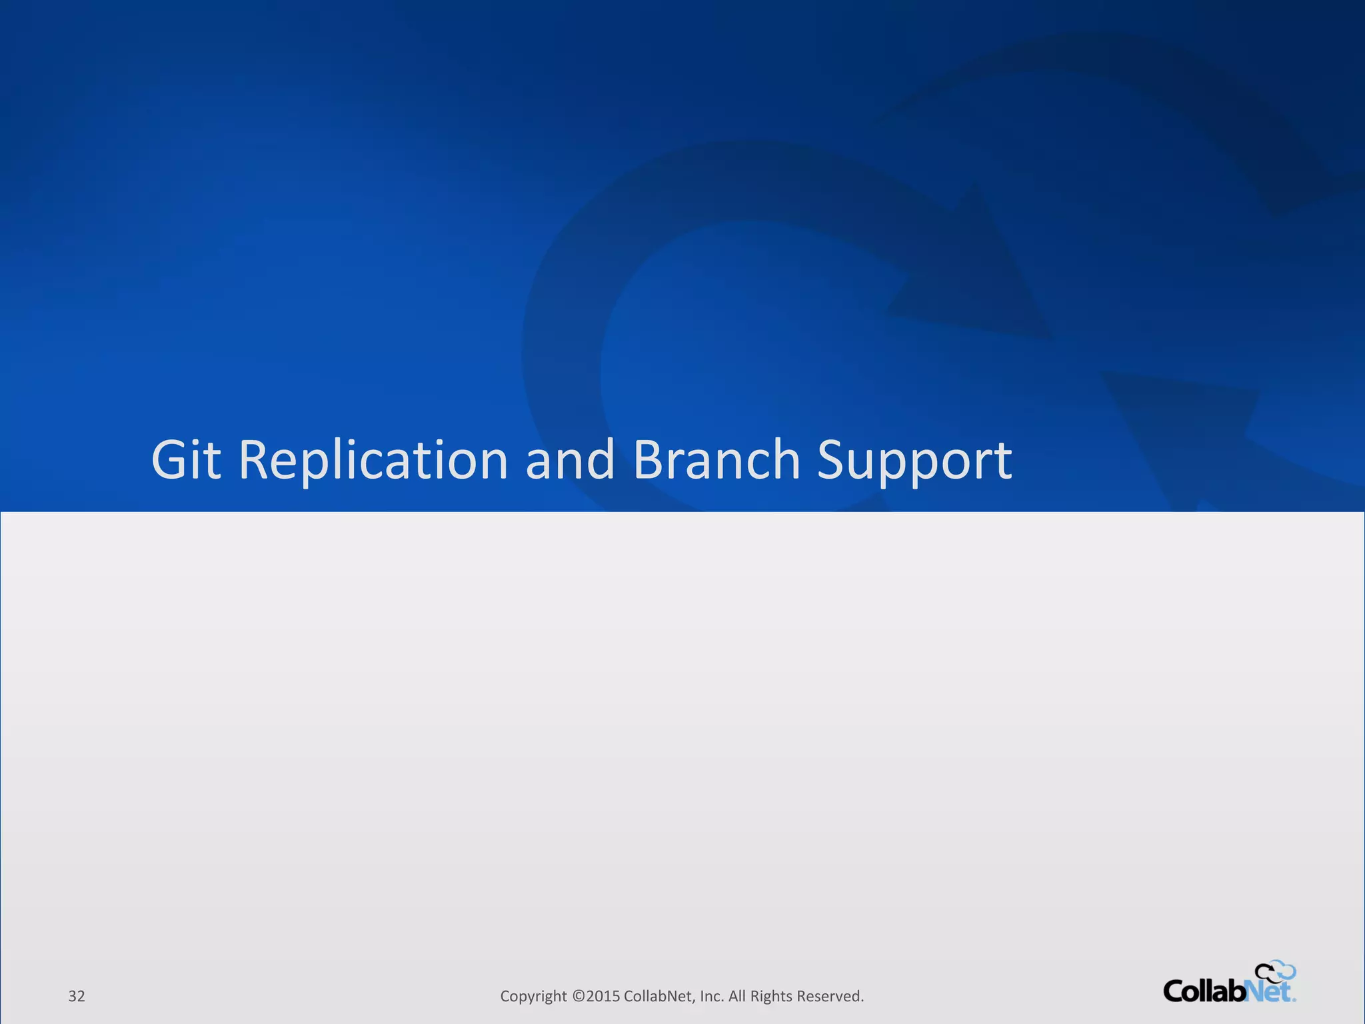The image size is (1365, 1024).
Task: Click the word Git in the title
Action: coord(186,459)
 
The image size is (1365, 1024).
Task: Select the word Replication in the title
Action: coord(373,459)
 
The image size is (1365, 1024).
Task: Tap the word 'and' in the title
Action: coord(570,459)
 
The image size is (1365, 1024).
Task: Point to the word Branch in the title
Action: coord(716,459)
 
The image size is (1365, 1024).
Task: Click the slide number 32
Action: coord(77,996)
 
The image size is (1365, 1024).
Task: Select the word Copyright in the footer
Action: coord(533,996)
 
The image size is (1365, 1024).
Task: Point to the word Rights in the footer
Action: coord(771,996)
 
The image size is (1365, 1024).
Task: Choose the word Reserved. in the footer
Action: coord(830,996)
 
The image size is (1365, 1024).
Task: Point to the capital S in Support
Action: coord(830,459)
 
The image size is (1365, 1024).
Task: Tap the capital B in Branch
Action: coord(648,459)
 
